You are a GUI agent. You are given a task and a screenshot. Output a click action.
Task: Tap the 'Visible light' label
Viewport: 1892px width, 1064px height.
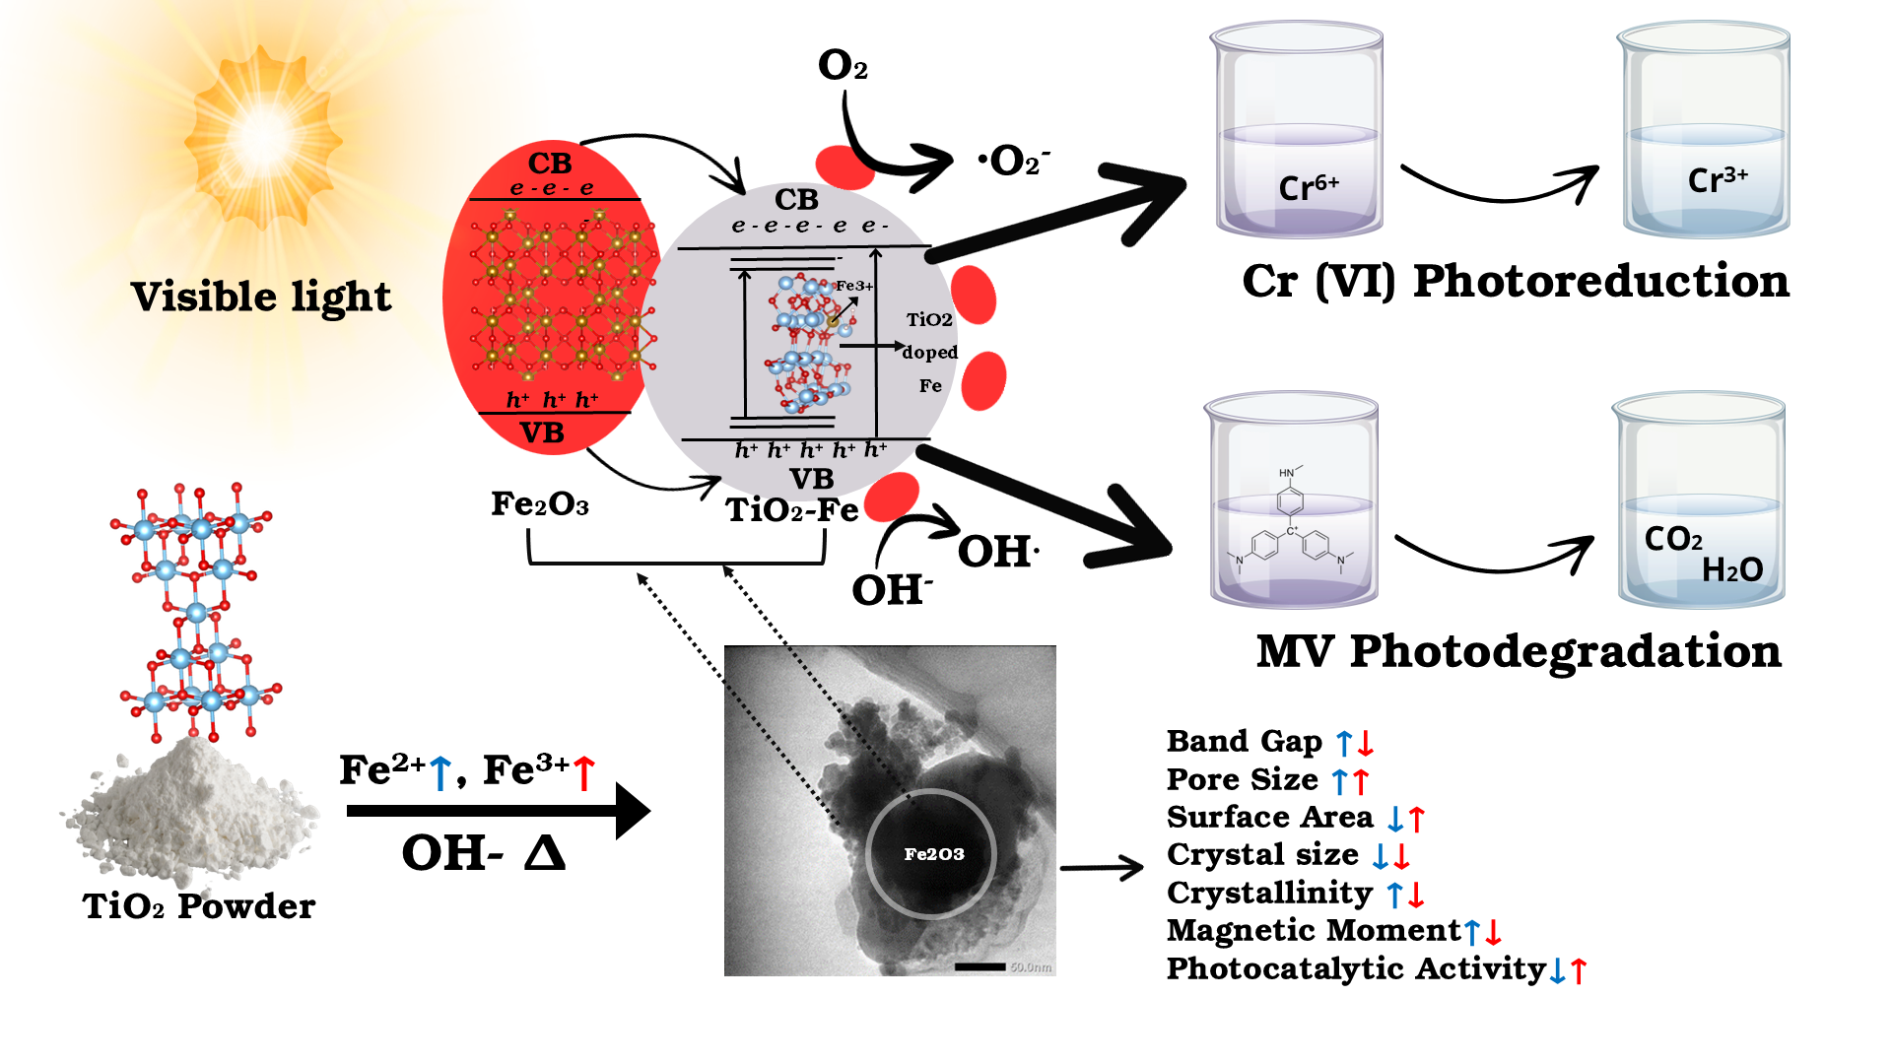point(261,297)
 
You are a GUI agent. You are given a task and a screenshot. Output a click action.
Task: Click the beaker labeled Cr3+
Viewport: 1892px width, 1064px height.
point(1705,133)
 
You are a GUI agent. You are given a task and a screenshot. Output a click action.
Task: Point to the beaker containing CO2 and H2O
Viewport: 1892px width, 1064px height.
point(1699,502)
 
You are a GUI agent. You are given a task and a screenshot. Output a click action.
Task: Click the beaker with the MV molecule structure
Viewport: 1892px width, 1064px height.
point(1291,502)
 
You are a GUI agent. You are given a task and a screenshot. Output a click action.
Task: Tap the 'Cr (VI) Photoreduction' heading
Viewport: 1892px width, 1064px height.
point(1515,282)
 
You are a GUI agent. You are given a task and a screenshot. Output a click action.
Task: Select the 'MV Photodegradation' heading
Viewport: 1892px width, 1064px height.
point(1519,652)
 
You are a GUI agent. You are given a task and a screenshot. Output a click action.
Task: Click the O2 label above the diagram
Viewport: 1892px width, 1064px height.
point(843,66)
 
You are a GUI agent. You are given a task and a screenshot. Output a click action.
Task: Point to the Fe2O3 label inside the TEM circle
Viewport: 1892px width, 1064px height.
point(933,854)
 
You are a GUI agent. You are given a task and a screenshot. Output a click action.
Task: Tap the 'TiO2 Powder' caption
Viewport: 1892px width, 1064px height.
point(199,906)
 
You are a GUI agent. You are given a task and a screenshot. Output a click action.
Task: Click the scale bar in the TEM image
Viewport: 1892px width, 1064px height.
point(980,966)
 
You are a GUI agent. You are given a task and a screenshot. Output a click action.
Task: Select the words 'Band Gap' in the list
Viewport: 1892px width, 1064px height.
point(1244,741)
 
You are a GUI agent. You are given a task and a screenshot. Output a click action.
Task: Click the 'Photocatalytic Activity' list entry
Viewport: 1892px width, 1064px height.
point(1356,968)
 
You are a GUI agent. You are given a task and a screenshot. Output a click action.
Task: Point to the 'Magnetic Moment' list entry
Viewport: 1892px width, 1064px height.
point(1313,930)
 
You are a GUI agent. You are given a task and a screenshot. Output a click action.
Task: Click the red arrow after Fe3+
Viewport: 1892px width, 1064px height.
point(584,772)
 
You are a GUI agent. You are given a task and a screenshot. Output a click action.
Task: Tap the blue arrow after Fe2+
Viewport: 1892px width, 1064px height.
point(440,772)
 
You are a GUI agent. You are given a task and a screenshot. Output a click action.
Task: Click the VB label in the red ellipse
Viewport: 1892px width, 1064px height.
point(542,432)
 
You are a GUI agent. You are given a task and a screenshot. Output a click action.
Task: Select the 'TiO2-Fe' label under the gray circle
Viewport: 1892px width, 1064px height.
point(791,510)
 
